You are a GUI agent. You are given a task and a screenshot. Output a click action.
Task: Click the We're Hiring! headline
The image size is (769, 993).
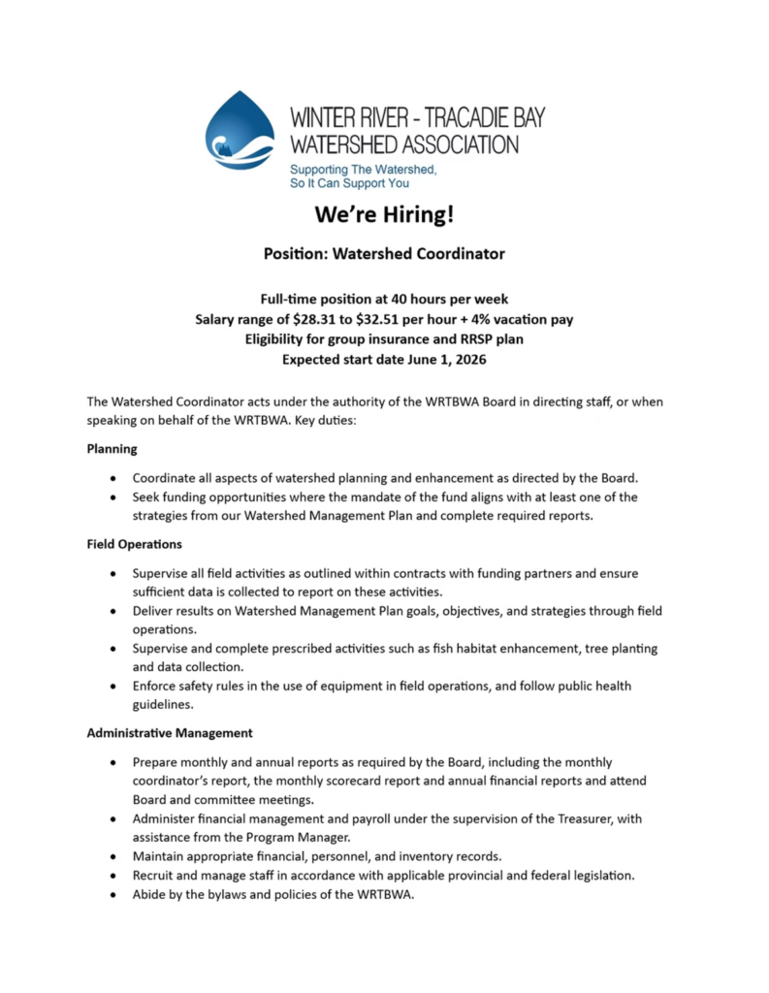[384, 213]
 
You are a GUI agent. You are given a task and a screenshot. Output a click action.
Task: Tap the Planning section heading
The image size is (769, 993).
[112, 449]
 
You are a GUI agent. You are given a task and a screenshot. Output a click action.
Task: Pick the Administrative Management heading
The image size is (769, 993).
[170, 733]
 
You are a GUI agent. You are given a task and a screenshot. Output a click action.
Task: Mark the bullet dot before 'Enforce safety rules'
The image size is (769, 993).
[116, 687]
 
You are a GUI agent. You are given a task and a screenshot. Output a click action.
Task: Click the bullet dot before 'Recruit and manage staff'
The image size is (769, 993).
[116, 876]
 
